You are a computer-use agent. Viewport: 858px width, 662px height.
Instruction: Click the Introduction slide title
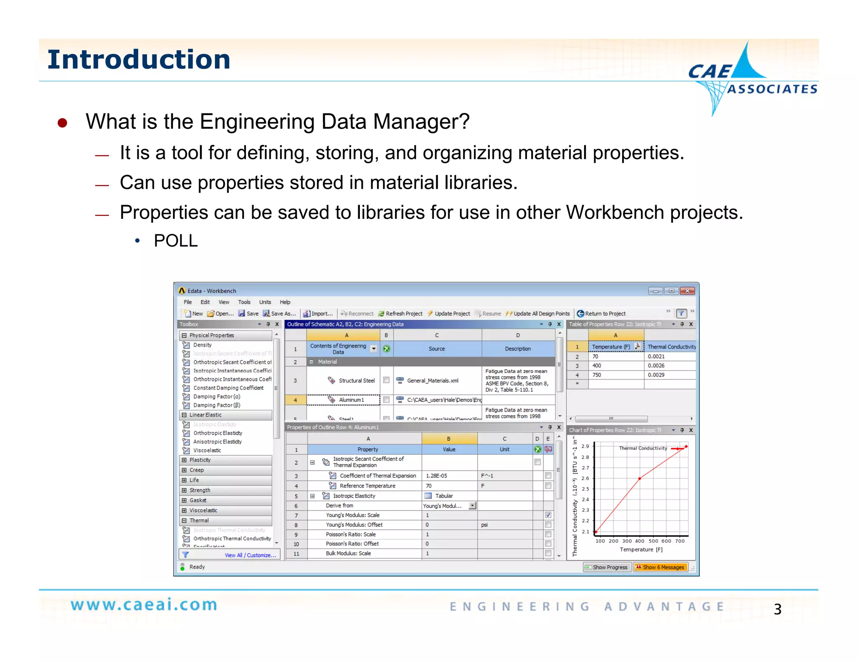click(139, 59)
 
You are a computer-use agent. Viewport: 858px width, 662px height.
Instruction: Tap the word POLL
click(176, 241)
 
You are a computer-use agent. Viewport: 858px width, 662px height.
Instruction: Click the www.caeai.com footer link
click(144, 605)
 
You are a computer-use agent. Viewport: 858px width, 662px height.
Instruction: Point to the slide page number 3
click(777, 609)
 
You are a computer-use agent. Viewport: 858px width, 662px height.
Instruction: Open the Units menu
click(265, 302)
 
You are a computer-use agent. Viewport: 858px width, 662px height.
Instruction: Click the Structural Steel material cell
click(356, 380)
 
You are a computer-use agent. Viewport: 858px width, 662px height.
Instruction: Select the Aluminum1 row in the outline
click(351, 400)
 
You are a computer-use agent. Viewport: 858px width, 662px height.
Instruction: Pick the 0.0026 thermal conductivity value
click(656, 366)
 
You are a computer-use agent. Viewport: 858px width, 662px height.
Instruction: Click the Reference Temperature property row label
click(367, 486)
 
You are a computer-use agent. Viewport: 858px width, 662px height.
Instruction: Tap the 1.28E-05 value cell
click(436, 476)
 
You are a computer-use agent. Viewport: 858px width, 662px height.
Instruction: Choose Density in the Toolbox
click(202, 345)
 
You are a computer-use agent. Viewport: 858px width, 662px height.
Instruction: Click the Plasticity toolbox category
click(200, 460)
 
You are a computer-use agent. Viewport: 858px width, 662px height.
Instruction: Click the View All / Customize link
click(250, 555)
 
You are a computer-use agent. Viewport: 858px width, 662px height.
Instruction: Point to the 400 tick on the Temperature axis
click(640, 541)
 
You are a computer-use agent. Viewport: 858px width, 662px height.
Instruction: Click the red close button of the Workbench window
click(687, 291)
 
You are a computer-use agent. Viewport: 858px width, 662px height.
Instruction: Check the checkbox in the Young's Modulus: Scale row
click(548, 515)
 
